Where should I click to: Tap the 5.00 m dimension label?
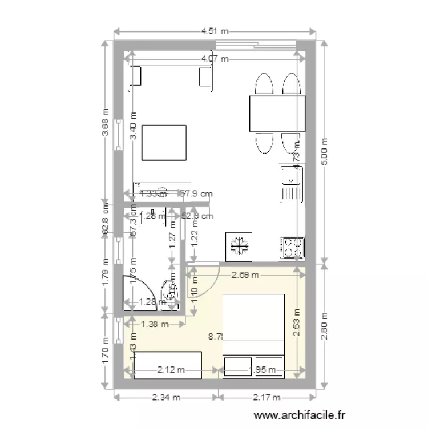(x=324, y=152)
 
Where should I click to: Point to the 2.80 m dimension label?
(x=324, y=325)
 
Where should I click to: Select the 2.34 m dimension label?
(x=165, y=397)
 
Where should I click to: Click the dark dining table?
(x=277, y=114)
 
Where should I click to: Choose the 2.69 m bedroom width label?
(x=245, y=274)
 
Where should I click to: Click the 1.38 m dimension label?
(x=154, y=324)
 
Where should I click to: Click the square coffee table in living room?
(x=164, y=143)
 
